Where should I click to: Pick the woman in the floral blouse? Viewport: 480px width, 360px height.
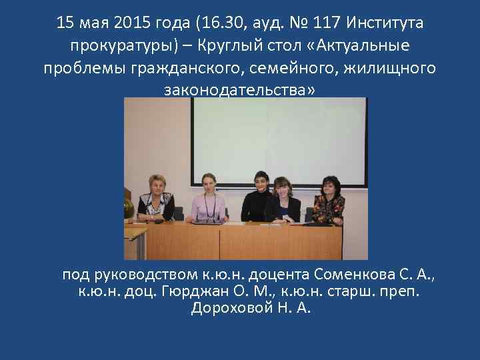329,199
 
